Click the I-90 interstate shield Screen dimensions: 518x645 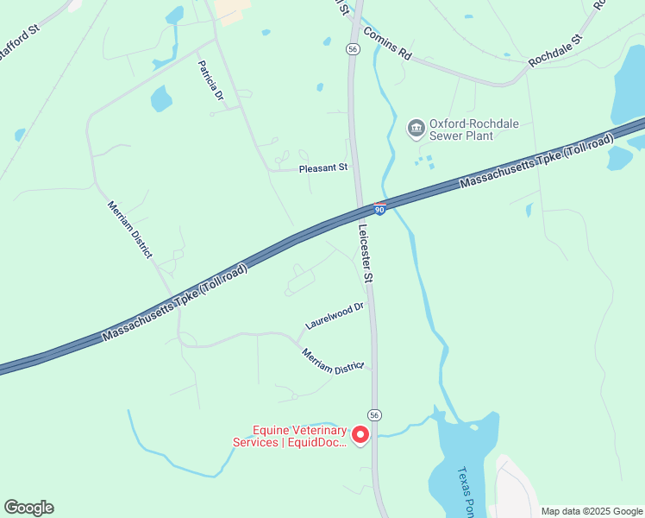coord(379,209)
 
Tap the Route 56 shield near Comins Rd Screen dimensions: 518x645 coord(353,50)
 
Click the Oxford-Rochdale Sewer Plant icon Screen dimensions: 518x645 coord(416,129)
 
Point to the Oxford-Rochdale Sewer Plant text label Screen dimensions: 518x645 coord(474,129)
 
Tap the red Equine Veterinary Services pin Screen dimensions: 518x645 coord(361,434)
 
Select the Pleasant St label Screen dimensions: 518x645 coord(322,168)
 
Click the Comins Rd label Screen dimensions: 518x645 coord(387,42)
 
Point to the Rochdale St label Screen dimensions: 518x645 coord(555,51)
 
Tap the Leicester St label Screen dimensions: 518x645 coord(366,254)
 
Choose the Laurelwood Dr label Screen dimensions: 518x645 coord(335,316)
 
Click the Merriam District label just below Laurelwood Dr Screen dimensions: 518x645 coord(333,361)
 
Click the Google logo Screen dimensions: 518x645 coord(28,508)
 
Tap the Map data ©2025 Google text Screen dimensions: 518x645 coord(591,511)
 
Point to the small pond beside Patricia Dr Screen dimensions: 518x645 coord(160,99)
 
